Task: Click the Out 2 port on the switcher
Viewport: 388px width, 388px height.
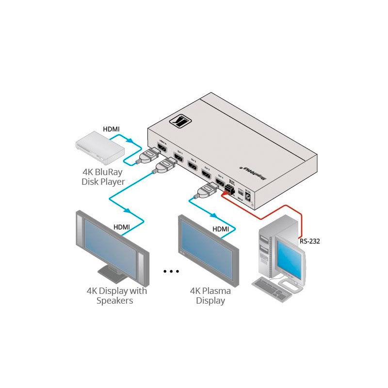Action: [x=192, y=165]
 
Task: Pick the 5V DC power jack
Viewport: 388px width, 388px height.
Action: [x=248, y=197]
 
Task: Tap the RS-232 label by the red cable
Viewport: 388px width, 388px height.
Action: [x=309, y=240]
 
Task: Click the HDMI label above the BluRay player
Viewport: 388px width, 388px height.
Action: [x=111, y=129]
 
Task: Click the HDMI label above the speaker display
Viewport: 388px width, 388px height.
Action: [x=121, y=226]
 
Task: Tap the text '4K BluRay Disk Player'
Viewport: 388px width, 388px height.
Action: [x=103, y=177]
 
